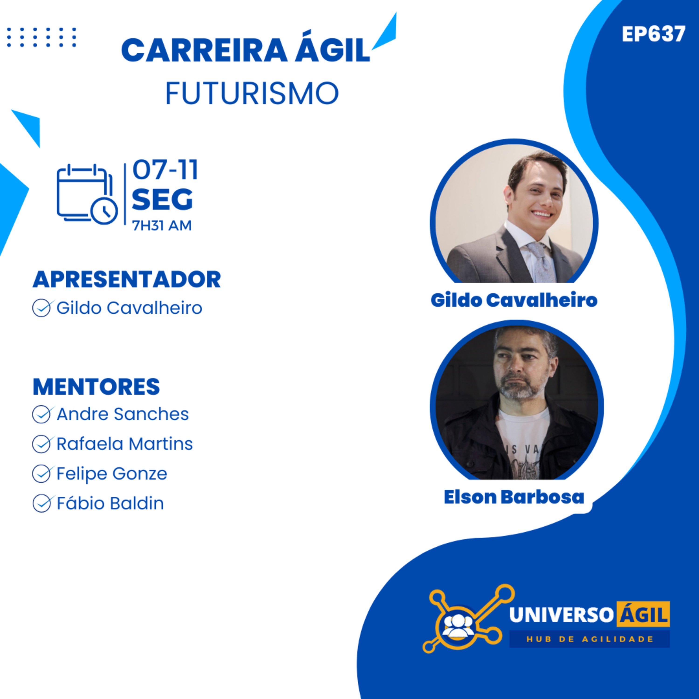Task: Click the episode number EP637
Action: [x=653, y=34]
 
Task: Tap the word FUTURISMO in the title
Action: [x=252, y=93]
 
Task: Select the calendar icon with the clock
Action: [x=87, y=194]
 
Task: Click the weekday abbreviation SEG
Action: [x=162, y=199]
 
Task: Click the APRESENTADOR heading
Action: [x=127, y=279]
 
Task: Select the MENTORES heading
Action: [x=96, y=386]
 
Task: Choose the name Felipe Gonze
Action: [x=112, y=474]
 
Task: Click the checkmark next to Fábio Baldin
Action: [x=42, y=503]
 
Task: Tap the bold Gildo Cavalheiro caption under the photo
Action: [x=514, y=300]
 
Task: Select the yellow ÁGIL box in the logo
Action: [x=643, y=614]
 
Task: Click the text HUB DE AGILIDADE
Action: [x=589, y=639]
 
